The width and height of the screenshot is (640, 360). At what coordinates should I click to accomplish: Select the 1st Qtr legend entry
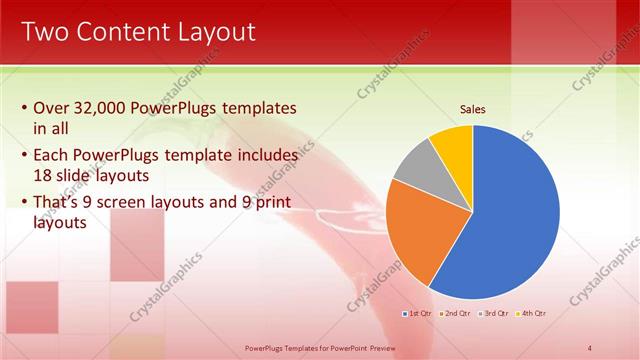420,314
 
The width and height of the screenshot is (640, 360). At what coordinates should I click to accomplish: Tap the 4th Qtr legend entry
532,314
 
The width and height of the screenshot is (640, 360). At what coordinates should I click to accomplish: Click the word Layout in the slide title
211,32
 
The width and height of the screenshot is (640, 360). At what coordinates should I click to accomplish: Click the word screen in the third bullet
142,203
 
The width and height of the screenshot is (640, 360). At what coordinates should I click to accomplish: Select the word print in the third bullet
274,203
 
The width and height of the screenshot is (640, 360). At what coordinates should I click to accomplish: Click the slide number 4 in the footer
589,347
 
